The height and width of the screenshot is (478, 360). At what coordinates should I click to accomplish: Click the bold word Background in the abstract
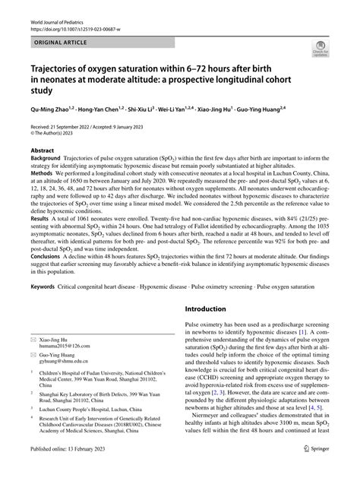(x=46, y=159)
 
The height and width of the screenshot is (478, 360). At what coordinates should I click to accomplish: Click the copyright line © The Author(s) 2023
(x=58, y=134)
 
